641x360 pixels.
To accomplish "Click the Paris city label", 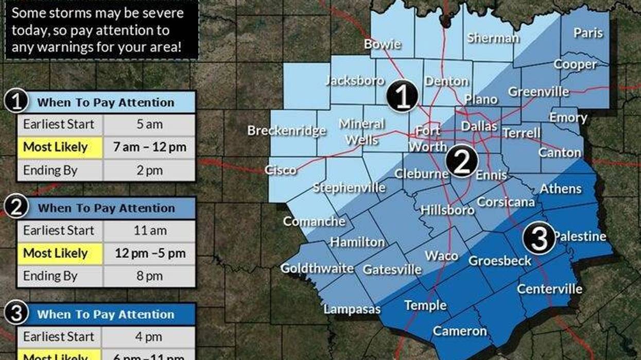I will (x=588, y=32).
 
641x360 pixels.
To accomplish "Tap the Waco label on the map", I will (x=441, y=255).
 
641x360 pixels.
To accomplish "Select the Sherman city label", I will (x=493, y=38).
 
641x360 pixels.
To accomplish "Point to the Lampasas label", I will (x=352, y=309).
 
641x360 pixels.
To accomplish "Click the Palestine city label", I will (x=579, y=236).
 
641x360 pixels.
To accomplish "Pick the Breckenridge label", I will (x=286, y=130).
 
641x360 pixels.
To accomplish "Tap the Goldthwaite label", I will (x=317, y=268).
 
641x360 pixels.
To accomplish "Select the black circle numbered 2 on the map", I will (x=461, y=162).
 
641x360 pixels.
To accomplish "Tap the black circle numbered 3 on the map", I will (x=539, y=239).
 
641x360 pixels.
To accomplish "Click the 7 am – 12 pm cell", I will (x=149, y=147).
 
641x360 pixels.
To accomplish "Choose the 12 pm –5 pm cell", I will (x=149, y=253).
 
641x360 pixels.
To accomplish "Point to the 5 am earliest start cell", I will (x=149, y=125).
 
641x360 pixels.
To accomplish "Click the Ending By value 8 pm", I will (x=149, y=276).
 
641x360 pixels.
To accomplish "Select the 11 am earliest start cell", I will (x=149, y=231).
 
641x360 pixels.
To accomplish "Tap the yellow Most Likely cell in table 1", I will (x=60, y=147).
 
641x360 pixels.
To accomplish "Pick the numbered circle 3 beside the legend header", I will (x=16, y=314).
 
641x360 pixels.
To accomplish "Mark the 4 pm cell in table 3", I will (x=149, y=336).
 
